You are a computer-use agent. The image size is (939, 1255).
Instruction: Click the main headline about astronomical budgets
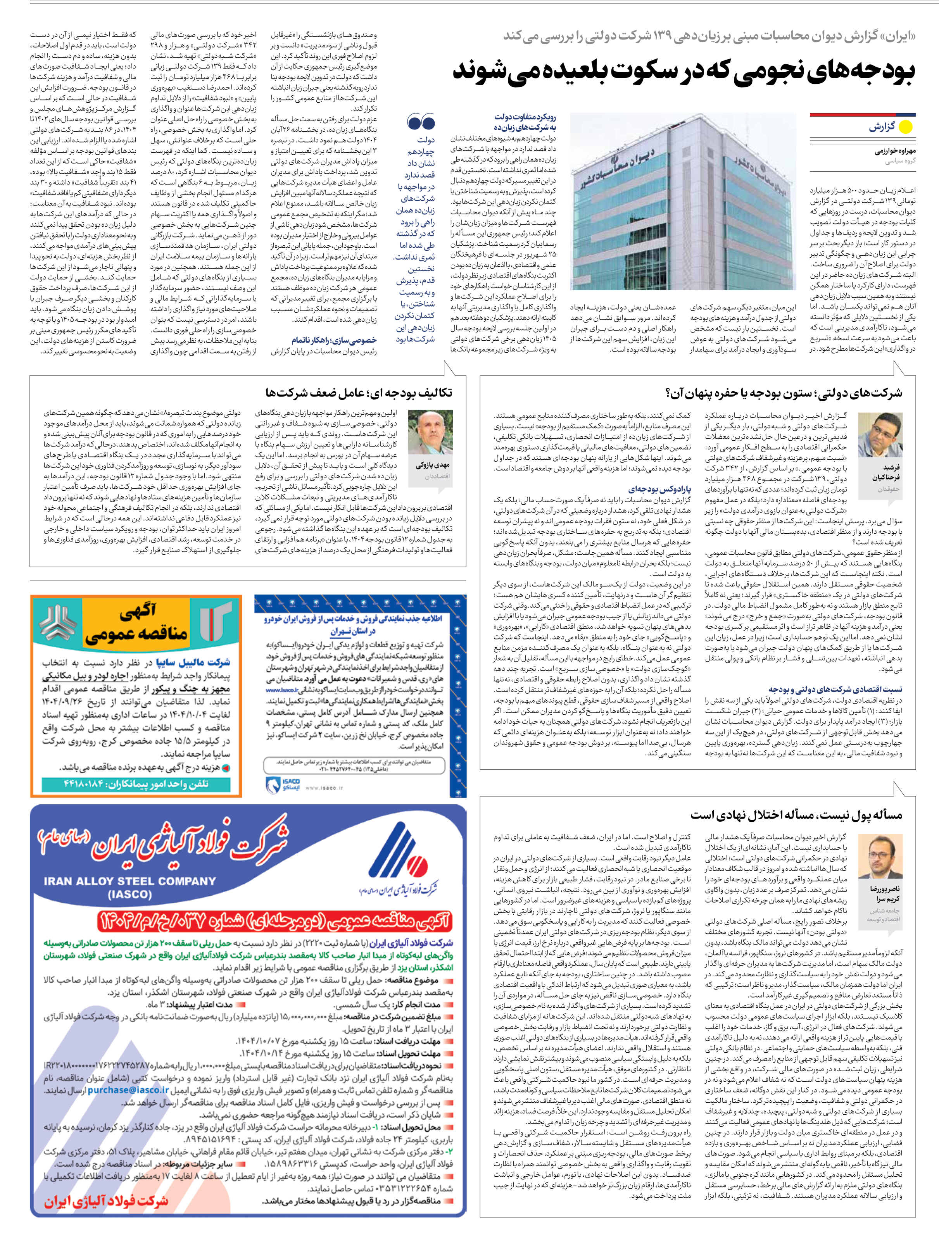pos(683,71)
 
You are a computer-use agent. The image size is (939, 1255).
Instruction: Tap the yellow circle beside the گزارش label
pos(906,127)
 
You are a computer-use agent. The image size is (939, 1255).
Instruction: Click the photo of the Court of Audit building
pos(683,202)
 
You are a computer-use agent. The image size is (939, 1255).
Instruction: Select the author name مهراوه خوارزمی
pos(895,152)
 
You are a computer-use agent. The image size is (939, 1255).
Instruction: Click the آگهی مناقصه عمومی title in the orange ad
pos(137,624)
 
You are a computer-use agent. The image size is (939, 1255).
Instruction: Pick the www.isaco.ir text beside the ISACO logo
pos(324,788)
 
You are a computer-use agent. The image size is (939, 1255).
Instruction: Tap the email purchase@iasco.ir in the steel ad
pos(128,1090)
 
